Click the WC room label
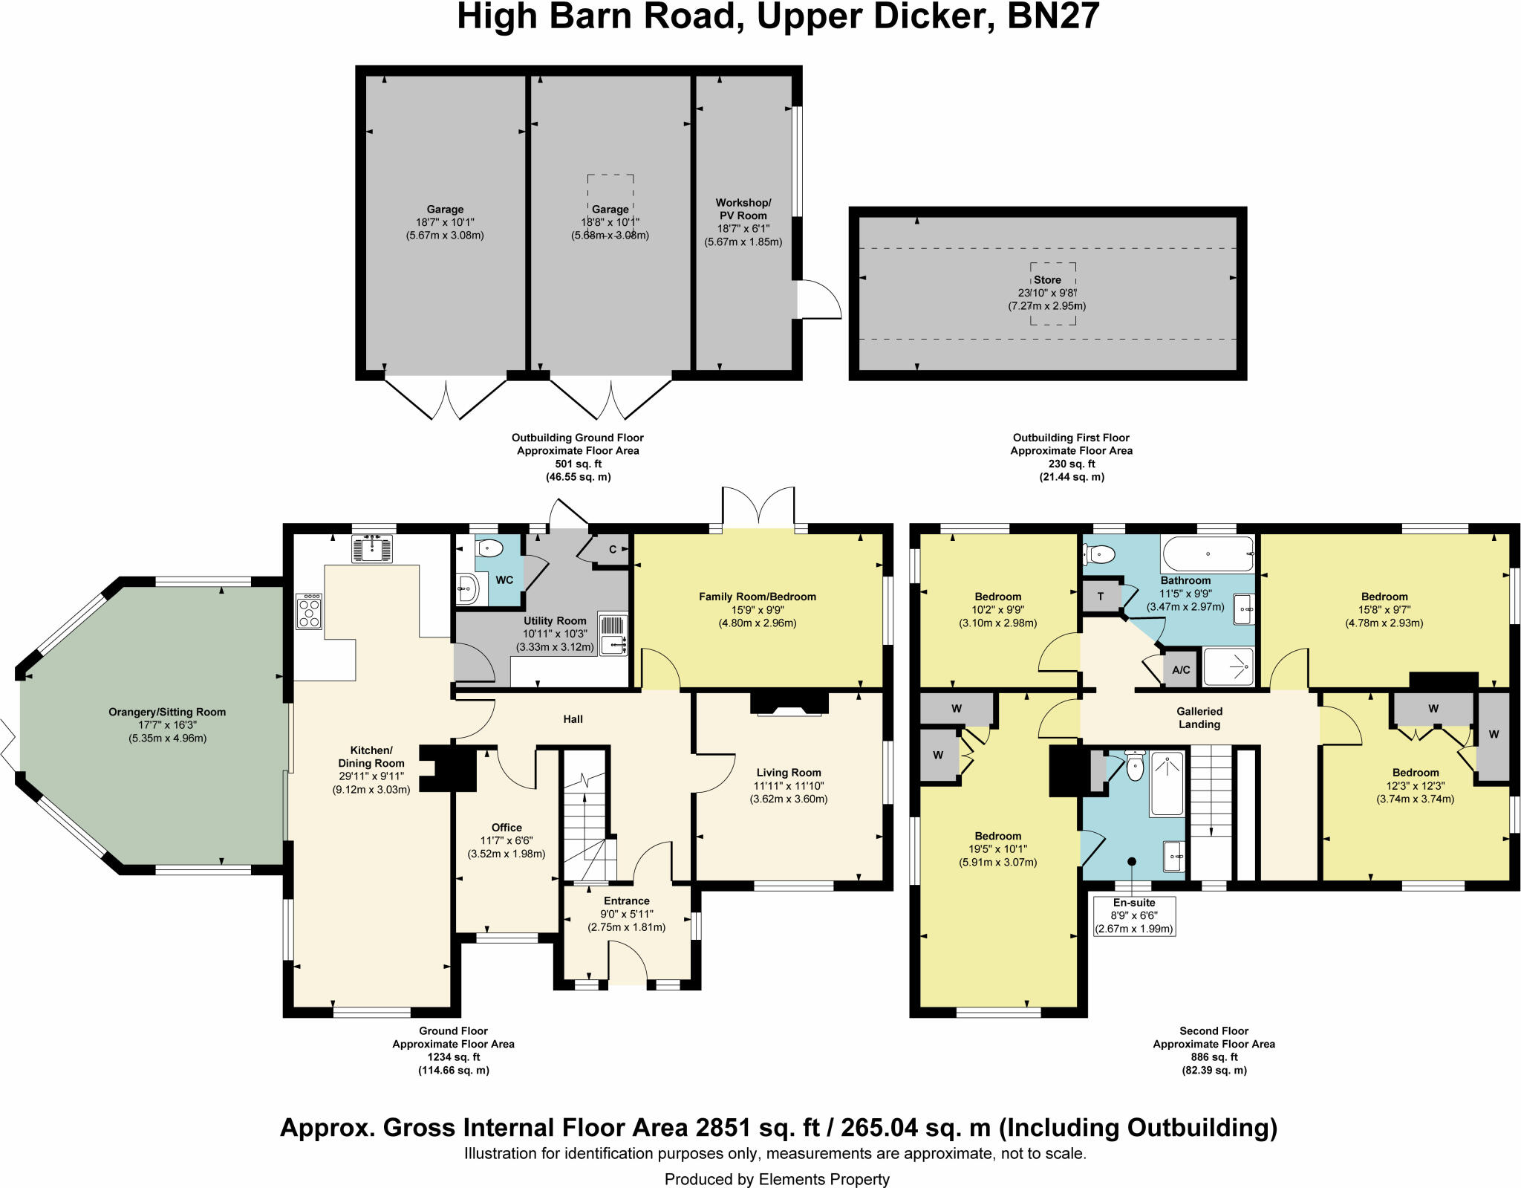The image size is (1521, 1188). pos(504,580)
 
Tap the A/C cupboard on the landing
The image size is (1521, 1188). pos(1181,669)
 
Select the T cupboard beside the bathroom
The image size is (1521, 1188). pos(1101,597)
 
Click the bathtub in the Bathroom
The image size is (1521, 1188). pos(1208,554)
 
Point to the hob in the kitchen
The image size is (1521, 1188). pos(309,611)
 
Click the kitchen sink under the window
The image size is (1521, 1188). pos(371,548)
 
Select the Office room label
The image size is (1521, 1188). pos(507,827)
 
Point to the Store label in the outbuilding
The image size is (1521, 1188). pos(1047,280)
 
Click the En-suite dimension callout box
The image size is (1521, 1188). pos(1134,915)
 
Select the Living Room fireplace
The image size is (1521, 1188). pos(789,703)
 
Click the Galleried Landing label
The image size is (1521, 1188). pos(1199,718)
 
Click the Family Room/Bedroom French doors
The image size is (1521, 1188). pos(758,509)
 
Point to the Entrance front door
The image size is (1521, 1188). pos(628,963)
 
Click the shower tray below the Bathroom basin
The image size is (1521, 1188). pos(1228,667)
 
